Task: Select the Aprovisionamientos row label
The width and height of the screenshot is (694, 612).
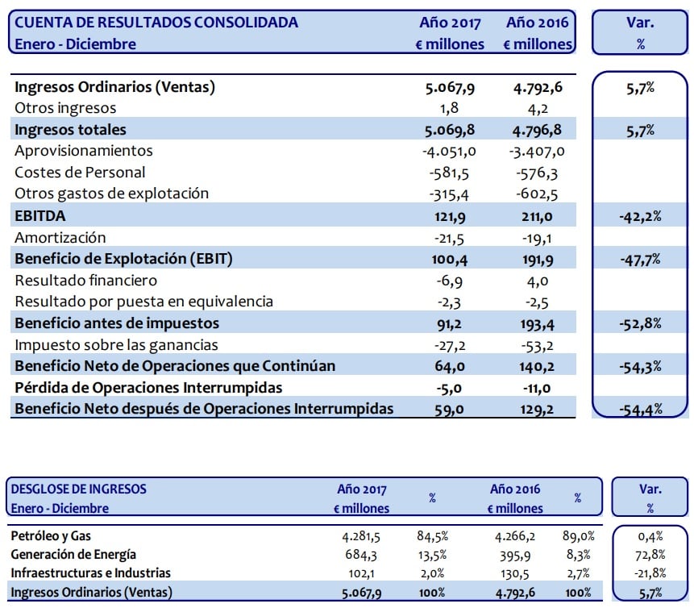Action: click(x=84, y=151)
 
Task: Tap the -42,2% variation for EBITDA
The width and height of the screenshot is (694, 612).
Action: click(x=639, y=215)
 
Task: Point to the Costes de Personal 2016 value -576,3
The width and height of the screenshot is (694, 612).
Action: click(x=537, y=172)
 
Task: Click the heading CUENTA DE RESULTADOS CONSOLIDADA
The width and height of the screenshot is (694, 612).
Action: click(x=156, y=23)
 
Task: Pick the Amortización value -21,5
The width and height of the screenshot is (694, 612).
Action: click(x=456, y=237)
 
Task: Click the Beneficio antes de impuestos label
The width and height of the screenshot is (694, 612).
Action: click(x=116, y=323)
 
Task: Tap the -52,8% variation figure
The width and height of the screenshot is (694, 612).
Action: click(x=639, y=323)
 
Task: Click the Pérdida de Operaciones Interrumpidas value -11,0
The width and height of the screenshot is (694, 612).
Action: click(x=535, y=388)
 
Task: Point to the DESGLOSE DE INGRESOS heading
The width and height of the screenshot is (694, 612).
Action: click(x=79, y=489)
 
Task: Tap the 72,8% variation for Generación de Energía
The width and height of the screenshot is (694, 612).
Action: click(x=649, y=554)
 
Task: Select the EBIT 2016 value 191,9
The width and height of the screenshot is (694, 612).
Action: click(x=537, y=259)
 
